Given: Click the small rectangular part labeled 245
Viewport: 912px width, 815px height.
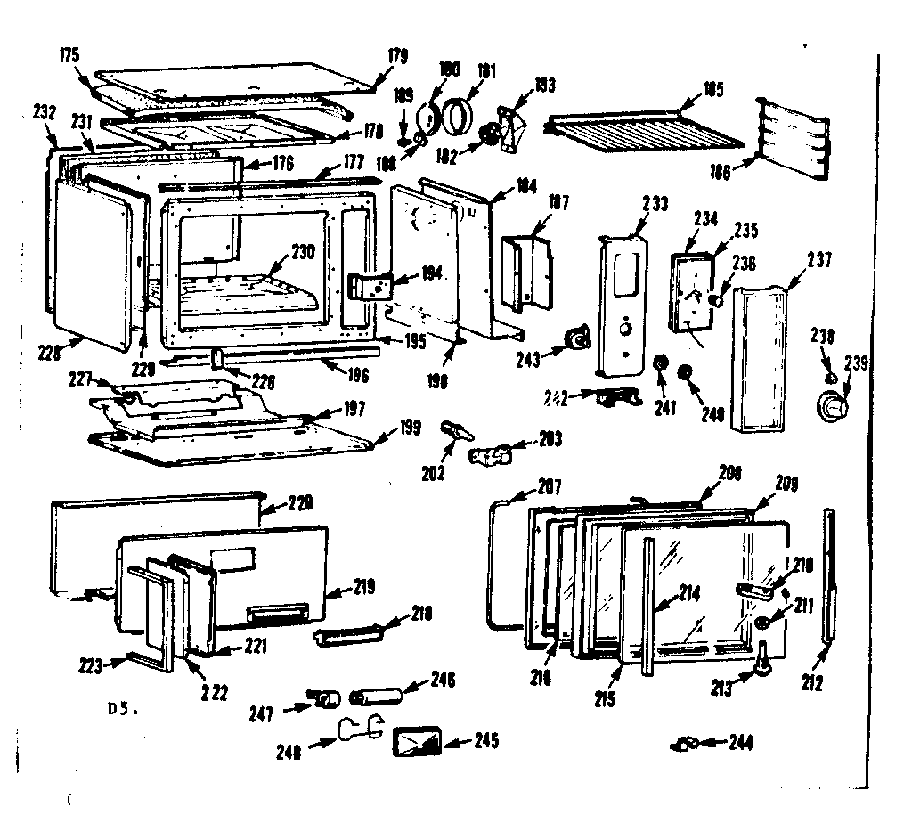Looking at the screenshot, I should (418, 740).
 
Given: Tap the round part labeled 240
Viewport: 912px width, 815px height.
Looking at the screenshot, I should (685, 372).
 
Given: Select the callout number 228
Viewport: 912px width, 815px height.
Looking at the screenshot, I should (50, 352).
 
